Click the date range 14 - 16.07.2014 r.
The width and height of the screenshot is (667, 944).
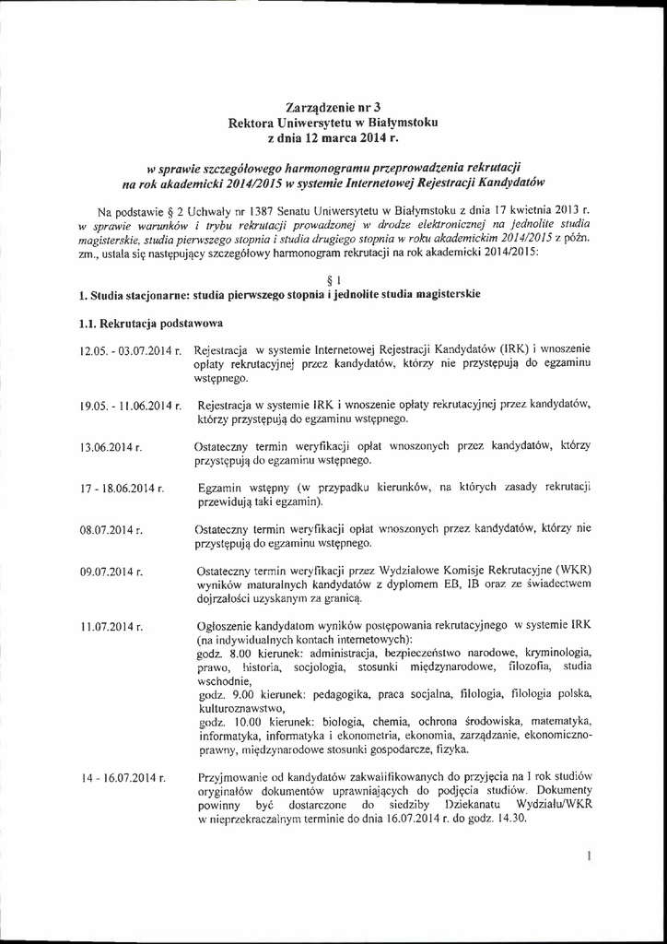pos(122,779)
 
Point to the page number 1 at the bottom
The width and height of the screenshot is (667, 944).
pos(587,856)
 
